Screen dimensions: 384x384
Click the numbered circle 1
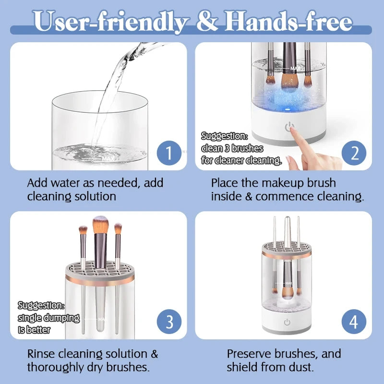pyautogui.click(x=168, y=153)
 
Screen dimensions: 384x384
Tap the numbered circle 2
pyautogui.click(x=354, y=153)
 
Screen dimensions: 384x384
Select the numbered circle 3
pyautogui.click(x=168, y=321)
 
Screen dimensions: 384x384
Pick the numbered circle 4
pyautogui.click(x=354, y=321)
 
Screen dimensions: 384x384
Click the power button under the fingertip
pyautogui.click(x=288, y=128)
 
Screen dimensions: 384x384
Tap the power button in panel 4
pyautogui.click(x=287, y=323)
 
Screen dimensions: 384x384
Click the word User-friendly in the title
pyautogui.click(x=111, y=22)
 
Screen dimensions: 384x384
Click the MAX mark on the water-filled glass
pyautogui.click(x=107, y=157)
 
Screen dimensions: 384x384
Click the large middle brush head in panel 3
pyautogui.click(x=100, y=226)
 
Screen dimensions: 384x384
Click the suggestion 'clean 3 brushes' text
pyautogui.click(x=232, y=148)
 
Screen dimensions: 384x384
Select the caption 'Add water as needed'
pyautogui.click(x=95, y=183)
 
